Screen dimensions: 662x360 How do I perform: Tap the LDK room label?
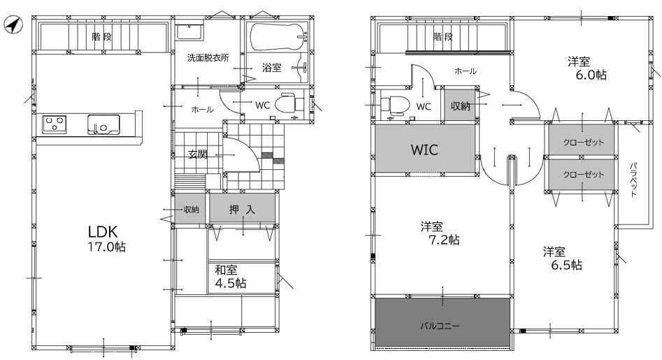click(102, 231)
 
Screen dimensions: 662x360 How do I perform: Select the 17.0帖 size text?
click(106, 247)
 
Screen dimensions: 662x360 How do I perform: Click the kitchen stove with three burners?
click(55, 124)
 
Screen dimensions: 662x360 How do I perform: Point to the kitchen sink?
click(103, 124)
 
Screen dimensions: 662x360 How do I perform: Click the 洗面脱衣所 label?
click(208, 58)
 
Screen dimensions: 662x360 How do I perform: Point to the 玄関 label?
click(198, 154)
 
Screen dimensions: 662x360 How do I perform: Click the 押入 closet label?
click(242, 209)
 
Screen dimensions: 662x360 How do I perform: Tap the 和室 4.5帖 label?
click(231, 276)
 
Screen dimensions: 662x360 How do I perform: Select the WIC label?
click(425, 150)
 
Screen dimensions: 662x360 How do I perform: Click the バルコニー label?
click(440, 326)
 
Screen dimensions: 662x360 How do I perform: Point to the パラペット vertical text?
click(633, 180)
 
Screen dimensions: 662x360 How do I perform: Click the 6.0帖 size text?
click(591, 75)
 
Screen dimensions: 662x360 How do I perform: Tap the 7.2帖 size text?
click(444, 240)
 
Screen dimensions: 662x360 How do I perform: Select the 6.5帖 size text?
click(567, 265)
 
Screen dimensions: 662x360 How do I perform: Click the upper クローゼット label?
click(583, 142)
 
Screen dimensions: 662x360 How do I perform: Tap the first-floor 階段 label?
click(102, 37)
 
